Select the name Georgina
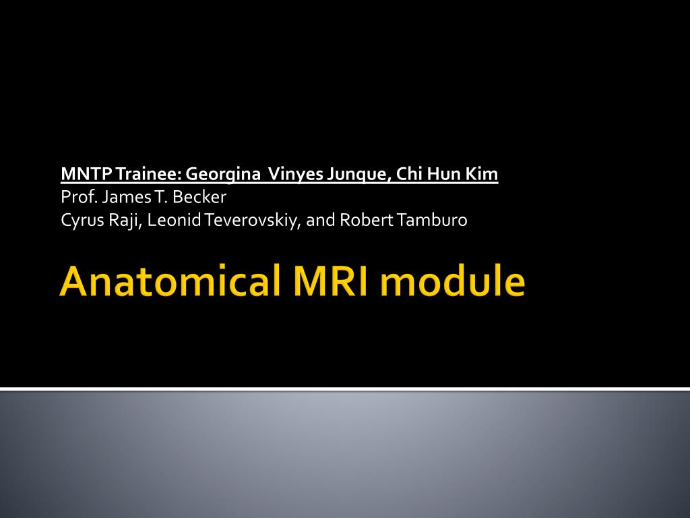click(x=224, y=175)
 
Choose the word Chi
click(x=408, y=175)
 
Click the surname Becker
click(x=199, y=198)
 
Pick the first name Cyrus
click(x=80, y=221)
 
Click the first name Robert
click(x=360, y=221)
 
